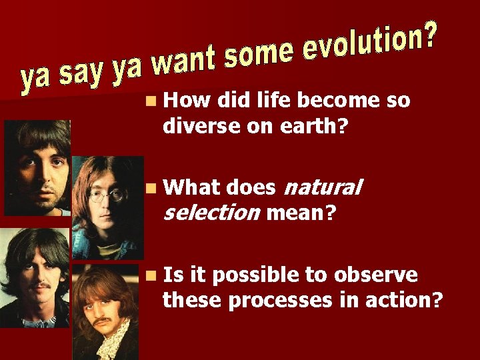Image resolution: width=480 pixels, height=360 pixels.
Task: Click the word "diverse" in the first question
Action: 198,125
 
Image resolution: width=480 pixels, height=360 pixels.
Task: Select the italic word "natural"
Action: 323,188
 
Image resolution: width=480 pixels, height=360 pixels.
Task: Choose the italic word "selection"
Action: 211,213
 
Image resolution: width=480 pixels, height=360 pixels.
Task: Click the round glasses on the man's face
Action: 107,195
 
